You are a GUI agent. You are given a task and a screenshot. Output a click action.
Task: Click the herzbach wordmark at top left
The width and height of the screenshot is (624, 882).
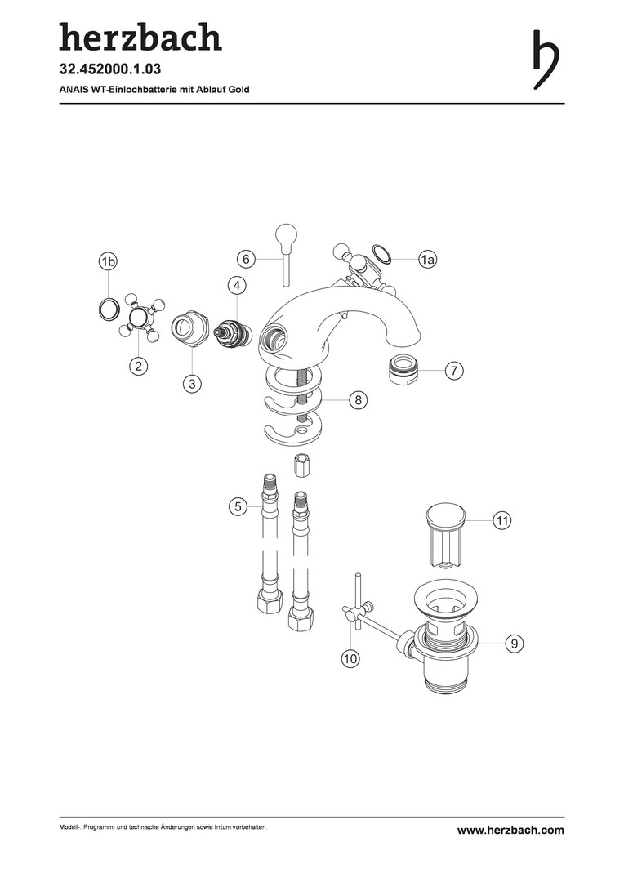140,37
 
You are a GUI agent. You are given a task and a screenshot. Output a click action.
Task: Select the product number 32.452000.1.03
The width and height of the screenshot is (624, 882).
110,69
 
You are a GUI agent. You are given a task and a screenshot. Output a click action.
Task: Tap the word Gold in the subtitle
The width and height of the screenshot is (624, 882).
238,90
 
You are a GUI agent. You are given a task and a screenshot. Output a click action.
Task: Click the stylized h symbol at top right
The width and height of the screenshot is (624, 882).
546,59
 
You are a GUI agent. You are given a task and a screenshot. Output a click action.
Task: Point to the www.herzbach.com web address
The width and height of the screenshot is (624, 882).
510,830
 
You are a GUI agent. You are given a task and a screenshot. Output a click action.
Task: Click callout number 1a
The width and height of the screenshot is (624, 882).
428,260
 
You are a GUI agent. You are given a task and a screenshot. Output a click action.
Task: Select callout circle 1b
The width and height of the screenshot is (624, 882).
108,261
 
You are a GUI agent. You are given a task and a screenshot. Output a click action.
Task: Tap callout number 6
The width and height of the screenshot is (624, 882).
246,260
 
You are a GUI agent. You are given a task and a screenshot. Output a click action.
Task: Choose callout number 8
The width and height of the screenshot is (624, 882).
358,400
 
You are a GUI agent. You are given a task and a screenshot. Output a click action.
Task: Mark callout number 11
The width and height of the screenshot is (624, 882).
501,520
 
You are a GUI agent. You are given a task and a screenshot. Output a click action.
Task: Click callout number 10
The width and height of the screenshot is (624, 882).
350,658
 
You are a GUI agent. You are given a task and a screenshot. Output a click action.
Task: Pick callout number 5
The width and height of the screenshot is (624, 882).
238,507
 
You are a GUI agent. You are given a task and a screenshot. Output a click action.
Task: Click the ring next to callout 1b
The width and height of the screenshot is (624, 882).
108,308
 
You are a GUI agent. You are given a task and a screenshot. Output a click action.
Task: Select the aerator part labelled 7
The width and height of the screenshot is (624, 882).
403,370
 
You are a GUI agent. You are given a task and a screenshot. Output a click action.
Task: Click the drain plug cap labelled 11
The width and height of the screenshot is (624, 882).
446,535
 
